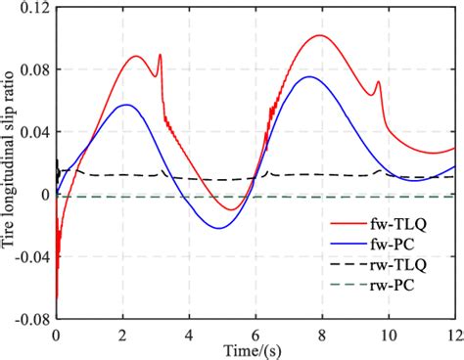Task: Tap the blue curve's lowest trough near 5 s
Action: [x=218, y=228]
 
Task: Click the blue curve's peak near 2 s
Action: [x=125, y=105]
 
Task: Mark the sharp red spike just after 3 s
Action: [x=160, y=56]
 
